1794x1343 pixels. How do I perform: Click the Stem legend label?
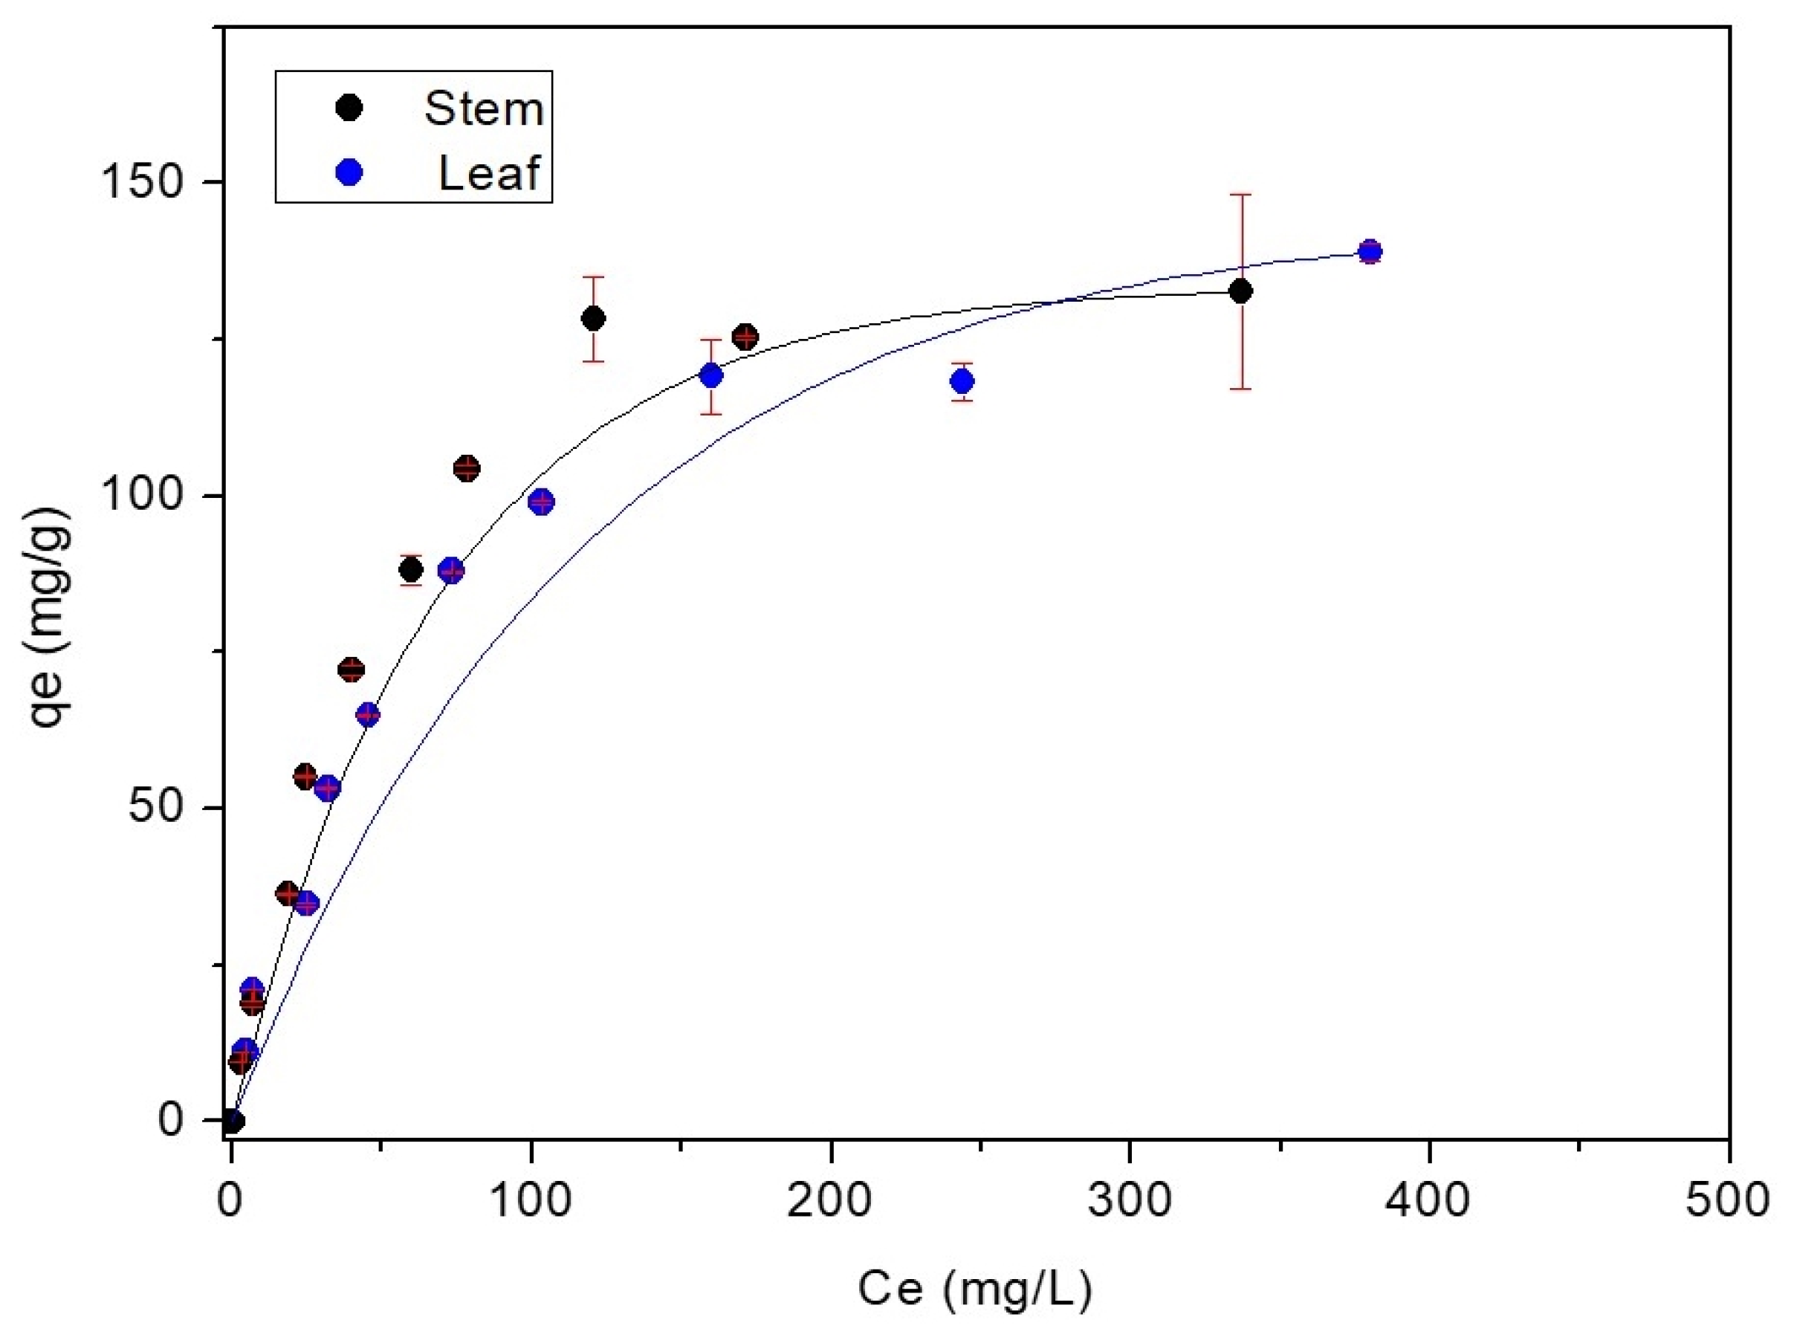point(483,109)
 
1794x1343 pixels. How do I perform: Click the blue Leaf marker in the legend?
point(349,172)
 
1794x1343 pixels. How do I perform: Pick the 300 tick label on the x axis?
point(1129,1201)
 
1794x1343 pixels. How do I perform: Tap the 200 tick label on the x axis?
point(829,1201)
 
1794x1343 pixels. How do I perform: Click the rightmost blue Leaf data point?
point(1370,251)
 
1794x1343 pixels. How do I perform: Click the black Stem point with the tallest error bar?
point(1240,291)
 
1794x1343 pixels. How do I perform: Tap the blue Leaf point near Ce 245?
point(962,381)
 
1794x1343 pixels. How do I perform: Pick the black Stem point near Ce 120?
point(594,318)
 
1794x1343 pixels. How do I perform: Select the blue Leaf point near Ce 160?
point(711,375)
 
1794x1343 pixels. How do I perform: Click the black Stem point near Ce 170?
point(745,337)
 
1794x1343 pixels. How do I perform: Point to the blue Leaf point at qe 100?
point(541,501)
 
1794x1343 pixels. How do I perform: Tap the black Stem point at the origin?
point(233,1121)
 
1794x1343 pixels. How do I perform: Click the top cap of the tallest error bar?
point(1240,195)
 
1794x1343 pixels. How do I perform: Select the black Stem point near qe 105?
point(467,468)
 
